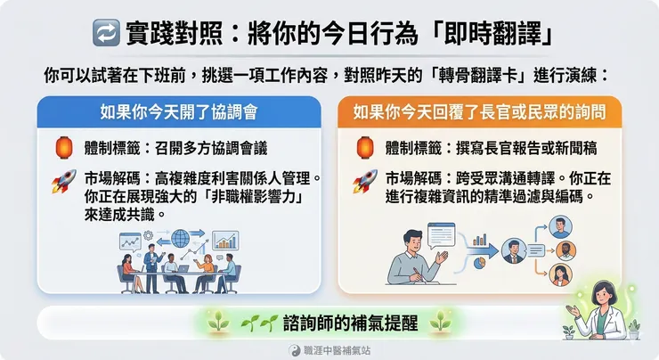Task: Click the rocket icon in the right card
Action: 365,181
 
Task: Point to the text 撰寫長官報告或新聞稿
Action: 521,144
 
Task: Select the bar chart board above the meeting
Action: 225,241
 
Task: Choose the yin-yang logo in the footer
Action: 297,350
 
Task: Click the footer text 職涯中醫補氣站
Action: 338,350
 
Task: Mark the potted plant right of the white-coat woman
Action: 633,329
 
